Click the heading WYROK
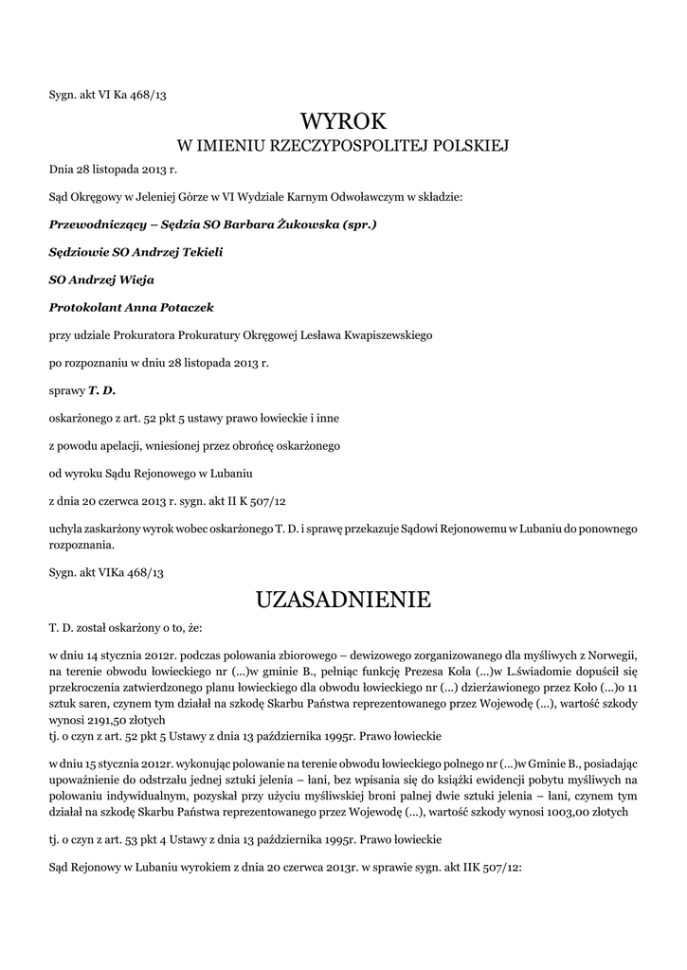click(x=344, y=120)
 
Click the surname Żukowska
click(x=301, y=225)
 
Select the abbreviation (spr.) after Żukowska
click(x=357, y=225)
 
